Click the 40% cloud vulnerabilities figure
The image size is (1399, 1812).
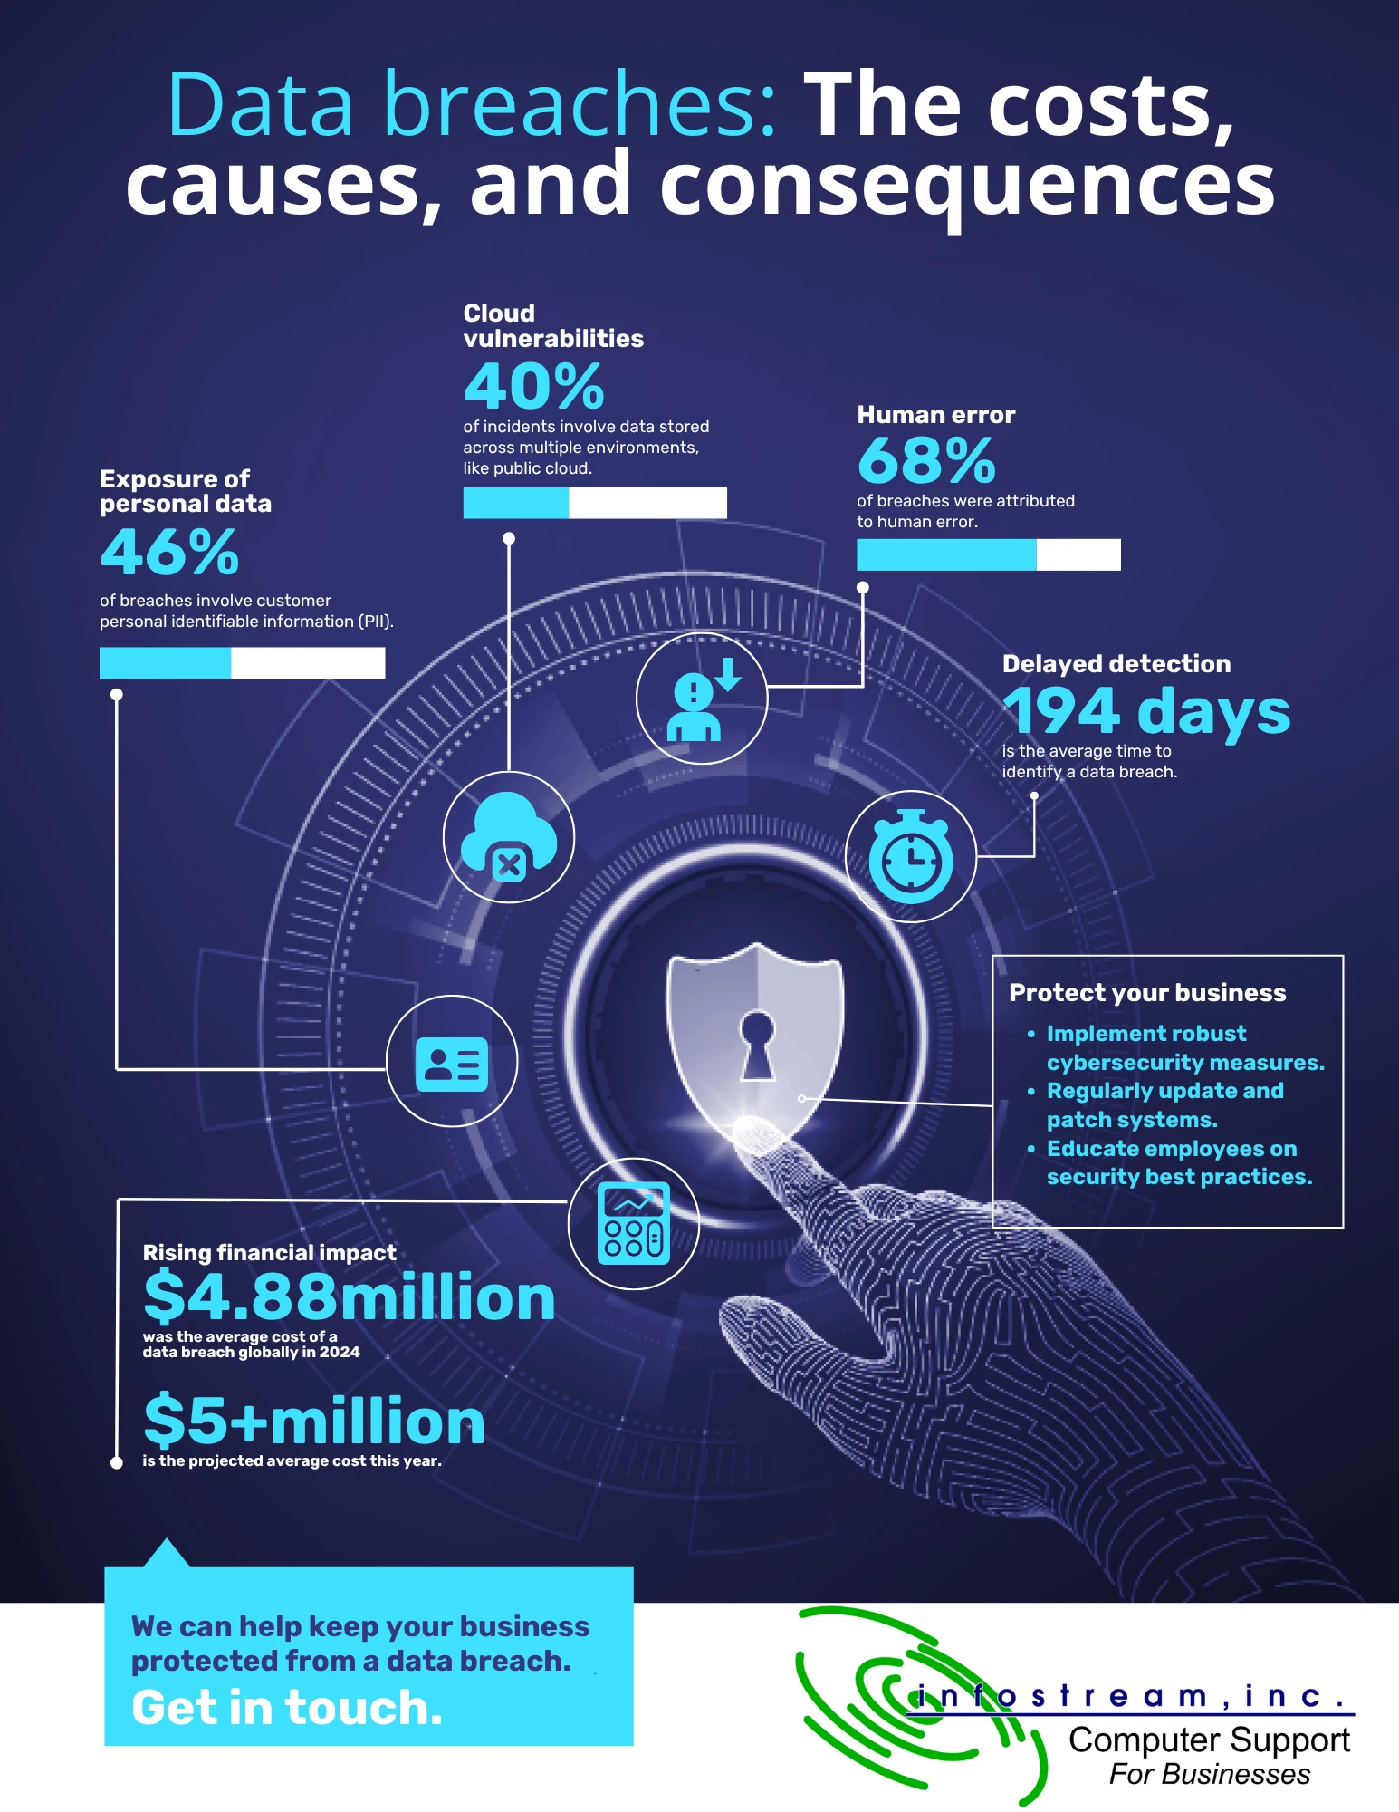coord(533,387)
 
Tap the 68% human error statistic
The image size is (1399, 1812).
coord(926,460)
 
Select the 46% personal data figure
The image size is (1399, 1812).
coord(169,552)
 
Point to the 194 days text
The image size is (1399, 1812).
coord(1146,711)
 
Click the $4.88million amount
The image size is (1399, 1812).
coord(350,1296)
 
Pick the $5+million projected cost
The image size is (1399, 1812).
coord(314,1421)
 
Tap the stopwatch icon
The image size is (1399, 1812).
coord(911,856)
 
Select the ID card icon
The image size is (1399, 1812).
coord(452,1064)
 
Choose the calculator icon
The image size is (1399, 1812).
coord(634,1224)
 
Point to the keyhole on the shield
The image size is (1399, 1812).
coord(757,1045)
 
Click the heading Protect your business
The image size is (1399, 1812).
coord(1147,993)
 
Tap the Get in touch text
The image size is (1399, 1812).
coord(287,1708)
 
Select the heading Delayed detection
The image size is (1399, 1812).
coord(1116,664)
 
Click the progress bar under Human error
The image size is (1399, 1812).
coord(989,554)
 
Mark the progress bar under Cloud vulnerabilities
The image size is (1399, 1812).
coord(595,503)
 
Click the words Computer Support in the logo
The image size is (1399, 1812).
coord(1210,1740)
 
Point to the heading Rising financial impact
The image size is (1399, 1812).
coord(269,1252)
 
